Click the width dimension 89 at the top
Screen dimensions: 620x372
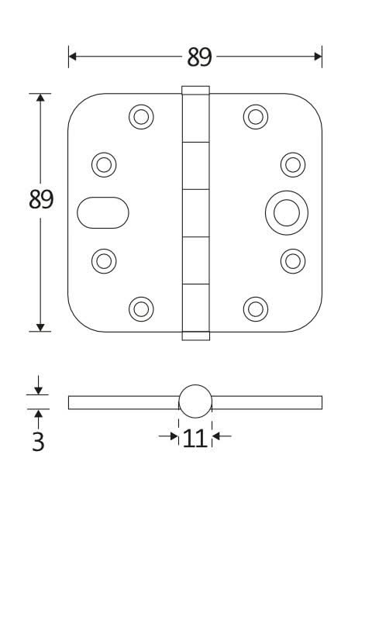tap(199, 57)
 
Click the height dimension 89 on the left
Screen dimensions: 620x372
tap(41, 199)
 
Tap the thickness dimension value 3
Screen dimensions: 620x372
tap(38, 442)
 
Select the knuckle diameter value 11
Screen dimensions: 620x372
tap(195, 438)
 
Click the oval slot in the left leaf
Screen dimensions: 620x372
tap(103, 212)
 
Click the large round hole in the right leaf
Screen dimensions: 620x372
tap(286, 212)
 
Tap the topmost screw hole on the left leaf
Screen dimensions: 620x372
tap(141, 117)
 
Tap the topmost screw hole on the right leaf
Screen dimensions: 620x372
tap(255, 117)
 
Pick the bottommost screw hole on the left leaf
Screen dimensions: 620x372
tap(141, 308)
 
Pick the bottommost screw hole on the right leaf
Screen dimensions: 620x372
tap(255, 308)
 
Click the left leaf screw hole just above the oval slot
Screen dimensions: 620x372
tap(104, 164)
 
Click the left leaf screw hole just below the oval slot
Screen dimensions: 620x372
tap(104, 260)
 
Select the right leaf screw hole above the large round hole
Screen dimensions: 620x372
tap(292, 164)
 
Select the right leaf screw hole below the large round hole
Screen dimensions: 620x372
tap(292, 260)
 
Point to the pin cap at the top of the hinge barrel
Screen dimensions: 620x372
tap(195, 90)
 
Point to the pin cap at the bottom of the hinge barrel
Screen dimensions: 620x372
tap(195, 336)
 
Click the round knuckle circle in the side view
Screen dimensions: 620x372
tap(195, 401)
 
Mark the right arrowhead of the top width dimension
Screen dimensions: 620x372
tap(318, 56)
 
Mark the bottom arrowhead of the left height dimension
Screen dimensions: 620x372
tap(40, 327)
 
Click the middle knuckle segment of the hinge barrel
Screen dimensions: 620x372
tap(195, 212)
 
